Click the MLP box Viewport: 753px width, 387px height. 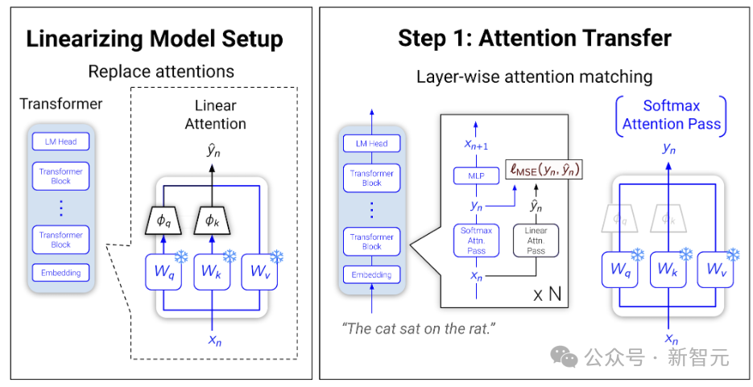pos(476,176)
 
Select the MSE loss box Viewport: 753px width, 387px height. pos(544,169)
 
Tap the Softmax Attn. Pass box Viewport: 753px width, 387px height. pos(476,241)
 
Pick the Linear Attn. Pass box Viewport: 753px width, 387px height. pos(536,241)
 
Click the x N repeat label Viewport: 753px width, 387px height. pos(547,294)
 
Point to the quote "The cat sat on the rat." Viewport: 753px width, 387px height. pos(418,328)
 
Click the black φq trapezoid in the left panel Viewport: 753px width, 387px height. pos(163,221)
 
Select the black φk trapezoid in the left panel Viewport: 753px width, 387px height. pos(212,221)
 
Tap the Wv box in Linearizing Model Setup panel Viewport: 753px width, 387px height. pos(259,272)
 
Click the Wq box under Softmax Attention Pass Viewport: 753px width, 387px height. pos(619,270)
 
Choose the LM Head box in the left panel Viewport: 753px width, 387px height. pos(60,142)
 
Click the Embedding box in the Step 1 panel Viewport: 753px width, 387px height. pos(372,275)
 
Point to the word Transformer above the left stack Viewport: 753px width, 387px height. pos(61,104)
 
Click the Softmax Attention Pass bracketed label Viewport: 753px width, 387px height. pos(672,115)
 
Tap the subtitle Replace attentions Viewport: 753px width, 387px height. pos(161,72)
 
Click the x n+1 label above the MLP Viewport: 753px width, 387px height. pos(476,145)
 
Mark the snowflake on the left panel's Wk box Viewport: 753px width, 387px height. pos(230,257)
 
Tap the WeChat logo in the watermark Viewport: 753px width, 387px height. pos(565,356)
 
